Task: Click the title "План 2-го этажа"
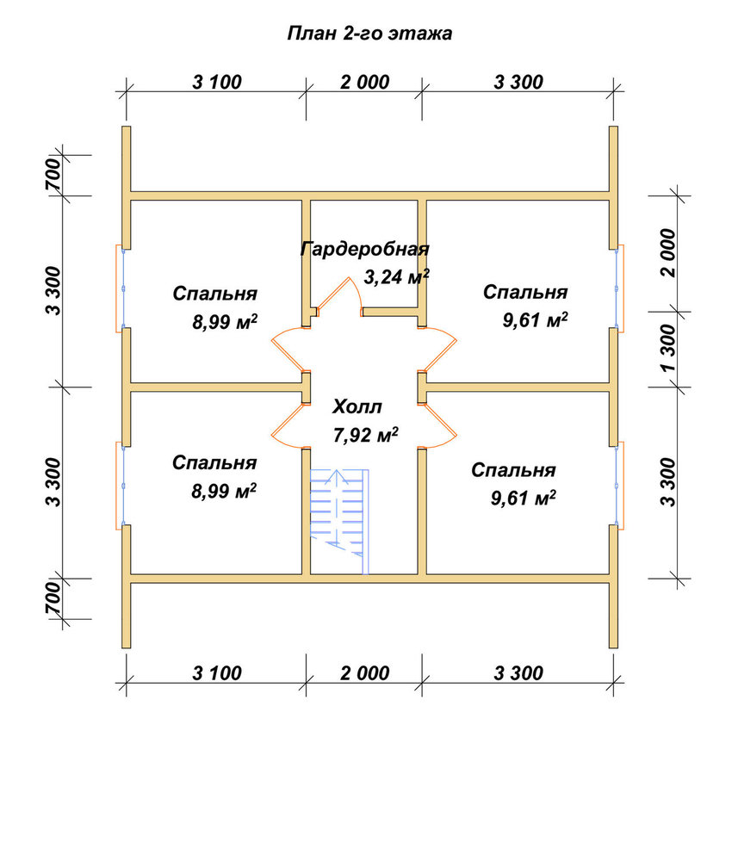click(369, 34)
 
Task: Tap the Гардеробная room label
click(364, 250)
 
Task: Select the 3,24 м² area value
click(396, 276)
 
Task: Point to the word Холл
click(357, 407)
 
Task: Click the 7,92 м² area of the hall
click(366, 435)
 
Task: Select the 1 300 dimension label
click(669, 349)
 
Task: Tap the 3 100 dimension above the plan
click(217, 83)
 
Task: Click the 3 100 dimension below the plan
click(217, 673)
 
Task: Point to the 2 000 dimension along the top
click(364, 83)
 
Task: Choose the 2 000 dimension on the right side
click(669, 253)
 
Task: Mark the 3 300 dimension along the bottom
click(518, 673)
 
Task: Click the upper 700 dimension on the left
click(53, 175)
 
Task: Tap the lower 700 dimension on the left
click(53, 598)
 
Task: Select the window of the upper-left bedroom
click(121, 288)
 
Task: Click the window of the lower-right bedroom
click(618, 486)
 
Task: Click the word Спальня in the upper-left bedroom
click(215, 294)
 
